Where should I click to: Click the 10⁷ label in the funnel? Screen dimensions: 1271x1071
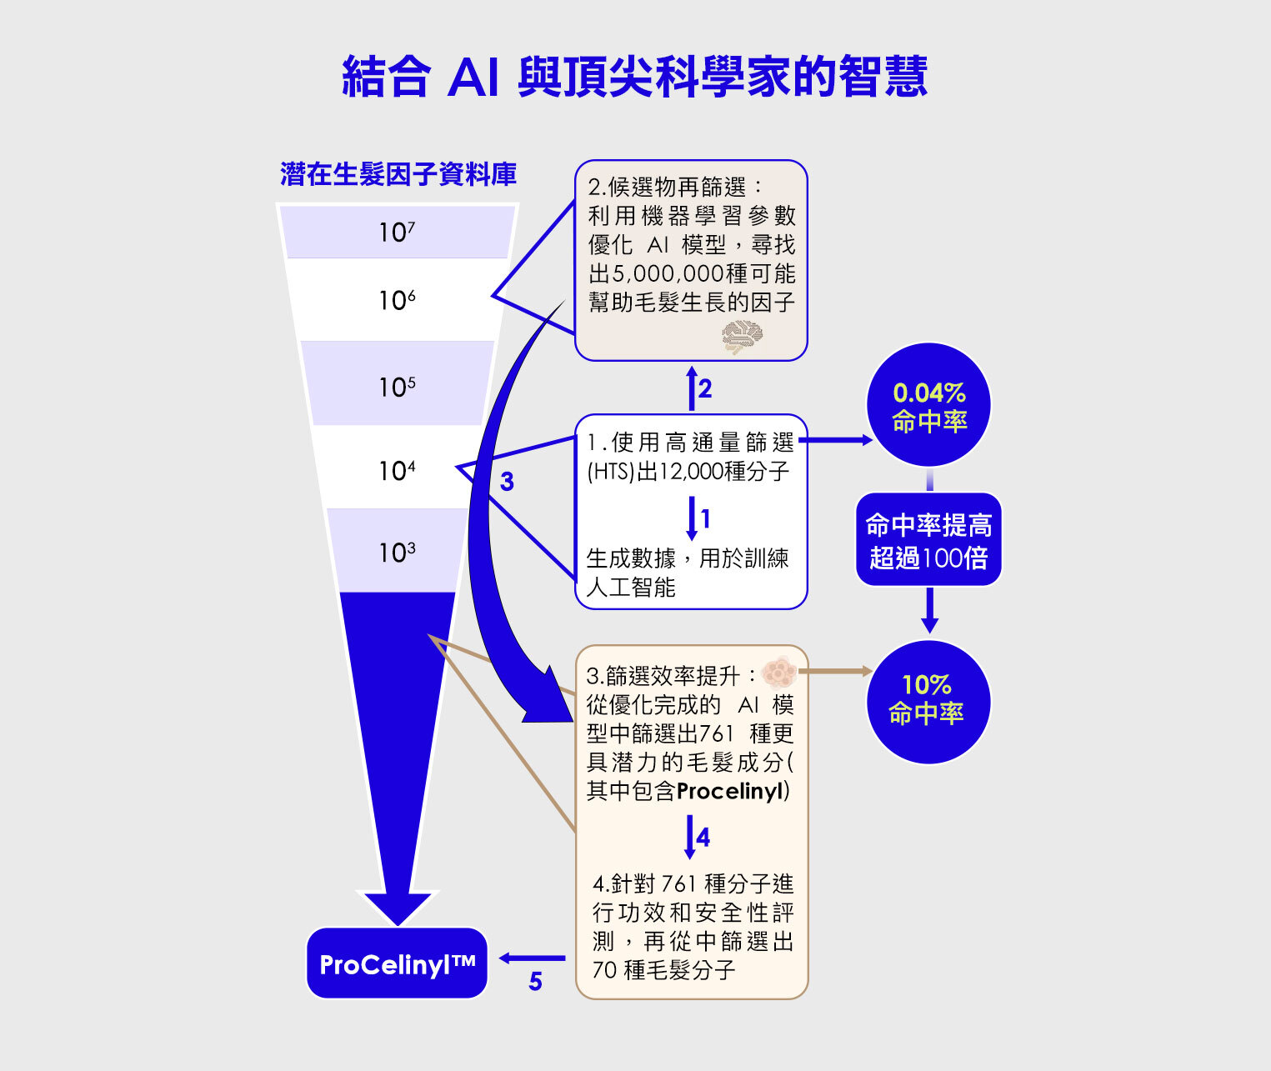click(x=397, y=232)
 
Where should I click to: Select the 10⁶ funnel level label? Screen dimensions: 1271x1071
click(x=397, y=300)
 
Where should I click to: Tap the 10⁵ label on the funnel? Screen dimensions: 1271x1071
click(x=397, y=388)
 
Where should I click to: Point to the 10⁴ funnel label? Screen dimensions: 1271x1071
click(x=397, y=471)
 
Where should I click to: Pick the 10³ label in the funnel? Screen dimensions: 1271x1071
click(x=397, y=553)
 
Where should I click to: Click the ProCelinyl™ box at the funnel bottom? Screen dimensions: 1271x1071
click(x=397, y=963)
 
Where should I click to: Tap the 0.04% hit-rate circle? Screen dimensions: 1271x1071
click(x=928, y=405)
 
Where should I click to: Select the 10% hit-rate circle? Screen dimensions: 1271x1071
click(x=928, y=702)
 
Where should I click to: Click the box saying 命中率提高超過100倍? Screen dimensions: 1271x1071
click(x=928, y=539)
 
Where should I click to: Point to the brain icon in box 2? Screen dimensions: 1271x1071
click(x=742, y=337)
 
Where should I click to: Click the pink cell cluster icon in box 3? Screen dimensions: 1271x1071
click(x=779, y=672)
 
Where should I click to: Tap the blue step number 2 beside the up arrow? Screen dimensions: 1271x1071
click(x=705, y=388)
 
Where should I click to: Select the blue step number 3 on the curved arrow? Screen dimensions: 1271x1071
click(x=507, y=483)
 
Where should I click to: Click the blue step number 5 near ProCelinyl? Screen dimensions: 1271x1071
click(x=535, y=982)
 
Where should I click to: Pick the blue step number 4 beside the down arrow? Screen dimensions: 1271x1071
click(x=703, y=838)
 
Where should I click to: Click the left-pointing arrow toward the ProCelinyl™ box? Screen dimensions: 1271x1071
click(x=532, y=958)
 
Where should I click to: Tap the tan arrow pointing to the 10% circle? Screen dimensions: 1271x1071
click(x=835, y=671)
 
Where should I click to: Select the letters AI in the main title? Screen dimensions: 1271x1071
click(x=473, y=78)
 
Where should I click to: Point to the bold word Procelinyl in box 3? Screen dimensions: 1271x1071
click(x=730, y=792)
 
